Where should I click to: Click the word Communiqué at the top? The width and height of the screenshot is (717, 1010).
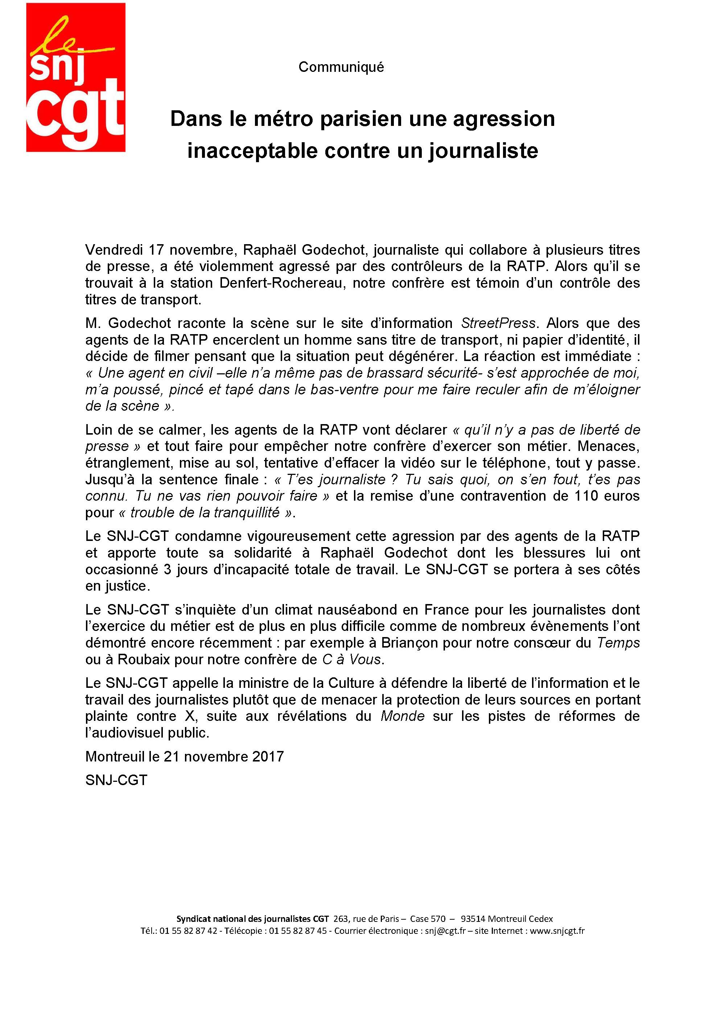click(x=341, y=67)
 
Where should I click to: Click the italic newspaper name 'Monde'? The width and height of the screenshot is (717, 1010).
click(x=403, y=716)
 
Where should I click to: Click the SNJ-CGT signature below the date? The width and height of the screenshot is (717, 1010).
click(x=116, y=780)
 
